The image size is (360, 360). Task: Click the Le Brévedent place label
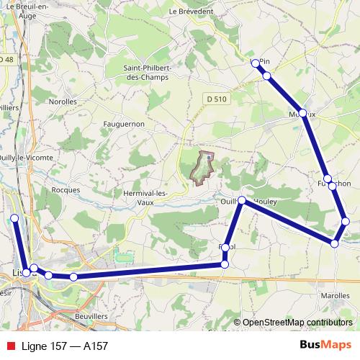[192, 12]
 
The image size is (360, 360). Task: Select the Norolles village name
[63, 102]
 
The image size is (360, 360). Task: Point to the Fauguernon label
[124, 124]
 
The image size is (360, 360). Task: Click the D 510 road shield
[212, 98]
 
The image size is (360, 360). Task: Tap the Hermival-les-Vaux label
[146, 197]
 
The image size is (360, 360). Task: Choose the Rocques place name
[66, 189]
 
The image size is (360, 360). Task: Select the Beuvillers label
[91, 315]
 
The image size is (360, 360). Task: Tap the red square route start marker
[14, 218]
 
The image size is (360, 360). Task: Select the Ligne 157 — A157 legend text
[65, 346]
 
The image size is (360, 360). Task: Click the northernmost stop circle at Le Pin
[255, 63]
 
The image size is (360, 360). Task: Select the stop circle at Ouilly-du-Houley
[242, 201]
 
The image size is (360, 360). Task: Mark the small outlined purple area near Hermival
[202, 166]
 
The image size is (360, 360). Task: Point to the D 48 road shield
[6, 59]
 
